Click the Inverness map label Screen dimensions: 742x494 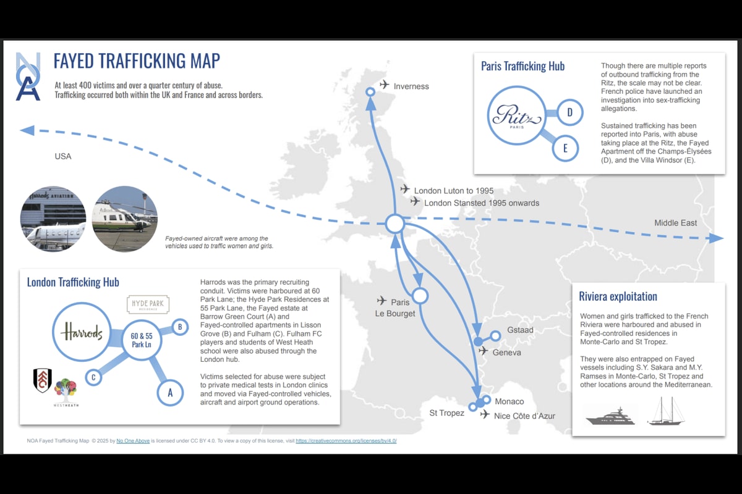click(411, 86)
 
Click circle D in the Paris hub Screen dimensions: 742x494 click(569, 112)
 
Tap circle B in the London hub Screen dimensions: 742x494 click(179, 327)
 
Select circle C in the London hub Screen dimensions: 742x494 click(93, 376)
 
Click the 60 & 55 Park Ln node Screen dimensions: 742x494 click(141, 340)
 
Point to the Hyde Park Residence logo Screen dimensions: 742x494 click(148, 304)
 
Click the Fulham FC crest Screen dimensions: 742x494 click(42, 380)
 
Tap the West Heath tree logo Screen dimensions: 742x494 click(65, 390)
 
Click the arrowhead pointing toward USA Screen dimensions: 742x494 click(27, 130)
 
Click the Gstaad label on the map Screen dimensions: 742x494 click(520, 330)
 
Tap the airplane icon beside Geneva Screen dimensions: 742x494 click(484, 351)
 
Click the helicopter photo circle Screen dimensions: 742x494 click(124, 219)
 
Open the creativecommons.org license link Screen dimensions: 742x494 click(346, 441)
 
